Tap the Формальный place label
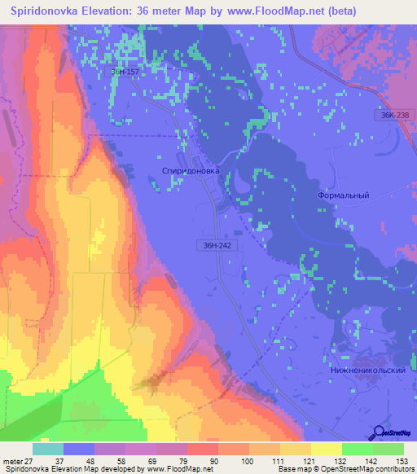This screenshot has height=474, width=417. coord(342,195)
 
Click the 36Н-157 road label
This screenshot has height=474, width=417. coord(125,72)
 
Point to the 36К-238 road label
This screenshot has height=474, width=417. coord(394,116)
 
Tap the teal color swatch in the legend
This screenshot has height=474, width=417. coord(48,448)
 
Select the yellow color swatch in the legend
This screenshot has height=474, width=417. coord(327,448)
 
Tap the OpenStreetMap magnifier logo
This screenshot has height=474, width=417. coord(380,433)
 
